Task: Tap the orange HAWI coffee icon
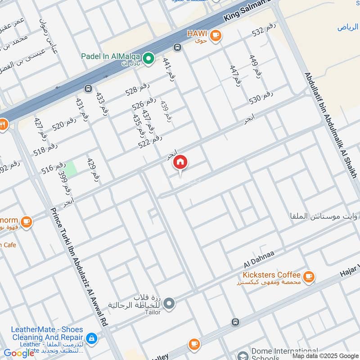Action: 216,35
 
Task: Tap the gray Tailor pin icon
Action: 169,304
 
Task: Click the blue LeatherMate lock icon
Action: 91,338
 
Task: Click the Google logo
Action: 19,353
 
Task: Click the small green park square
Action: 71,165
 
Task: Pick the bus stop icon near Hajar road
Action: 234,322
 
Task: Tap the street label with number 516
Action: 54,168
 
